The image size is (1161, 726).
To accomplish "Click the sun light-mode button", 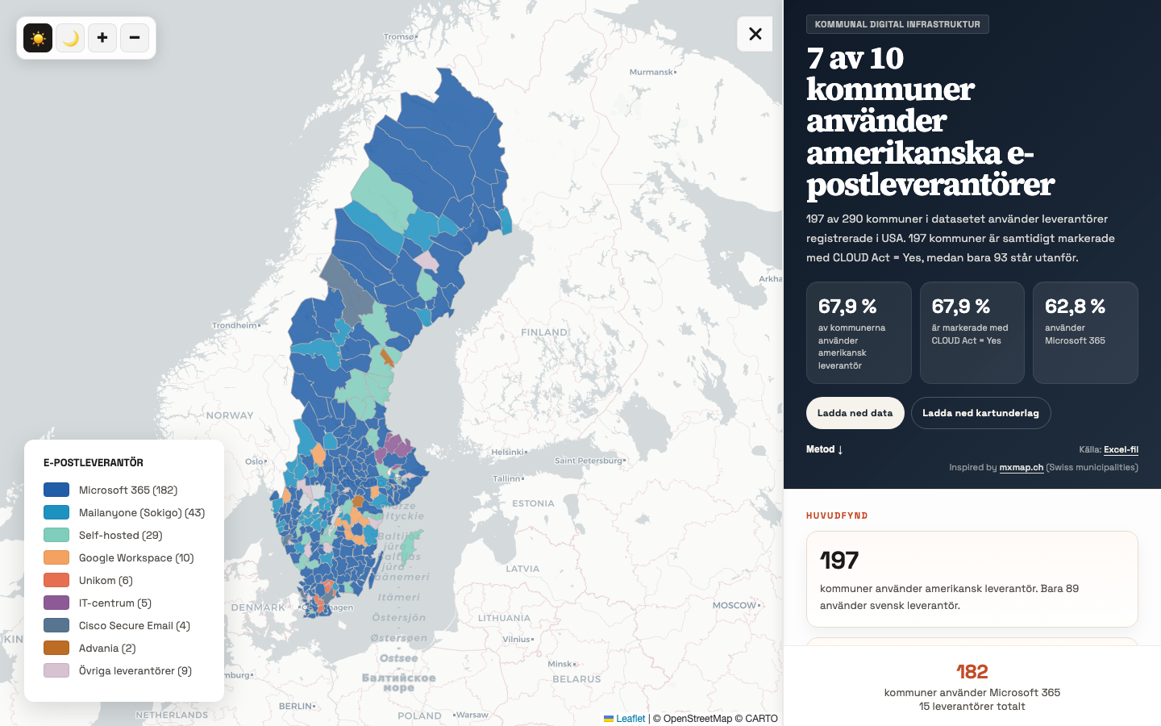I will pyautogui.click(x=38, y=38).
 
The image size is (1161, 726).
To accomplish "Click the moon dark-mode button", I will pyautogui.click(x=70, y=38).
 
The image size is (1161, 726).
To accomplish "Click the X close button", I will pyautogui.click(x=755, y=34).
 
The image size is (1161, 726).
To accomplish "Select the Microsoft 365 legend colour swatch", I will pyautogui.click(x=56, y=490).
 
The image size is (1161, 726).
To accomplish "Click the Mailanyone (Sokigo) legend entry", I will pyautogui.click(x=141, y=512).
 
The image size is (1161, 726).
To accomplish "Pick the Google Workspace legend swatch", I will pyautogui.click(x=56, y=557).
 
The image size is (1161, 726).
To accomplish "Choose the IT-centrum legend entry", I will pyautogui.click(x=114, y=603).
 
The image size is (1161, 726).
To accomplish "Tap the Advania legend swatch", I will pyautogui.click(x=56, y=648).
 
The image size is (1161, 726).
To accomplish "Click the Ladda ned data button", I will pyautogui.click(x=855, y=413).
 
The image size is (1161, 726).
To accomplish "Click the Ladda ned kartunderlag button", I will pyautogui.click(x=980, y=413).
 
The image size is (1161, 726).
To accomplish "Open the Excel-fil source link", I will pyautogui.click(x=1121, y=450).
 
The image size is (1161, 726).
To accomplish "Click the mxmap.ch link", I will pyautogui.click(x=1021, y=468).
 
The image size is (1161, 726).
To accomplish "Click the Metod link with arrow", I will pyautogui.click(x=824, y=449).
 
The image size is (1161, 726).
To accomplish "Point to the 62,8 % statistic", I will pyautogui.click(x=1075, y=307).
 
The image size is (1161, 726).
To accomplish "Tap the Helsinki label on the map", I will pyautogui.click(x=508, y=452).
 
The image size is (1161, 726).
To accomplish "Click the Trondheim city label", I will pyautogui.click(x=235, y=325).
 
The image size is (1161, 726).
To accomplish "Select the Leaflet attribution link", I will pyautogui.click(x=630, y=719).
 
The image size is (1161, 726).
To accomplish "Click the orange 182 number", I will pyautogui.click(x=972, y=671).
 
